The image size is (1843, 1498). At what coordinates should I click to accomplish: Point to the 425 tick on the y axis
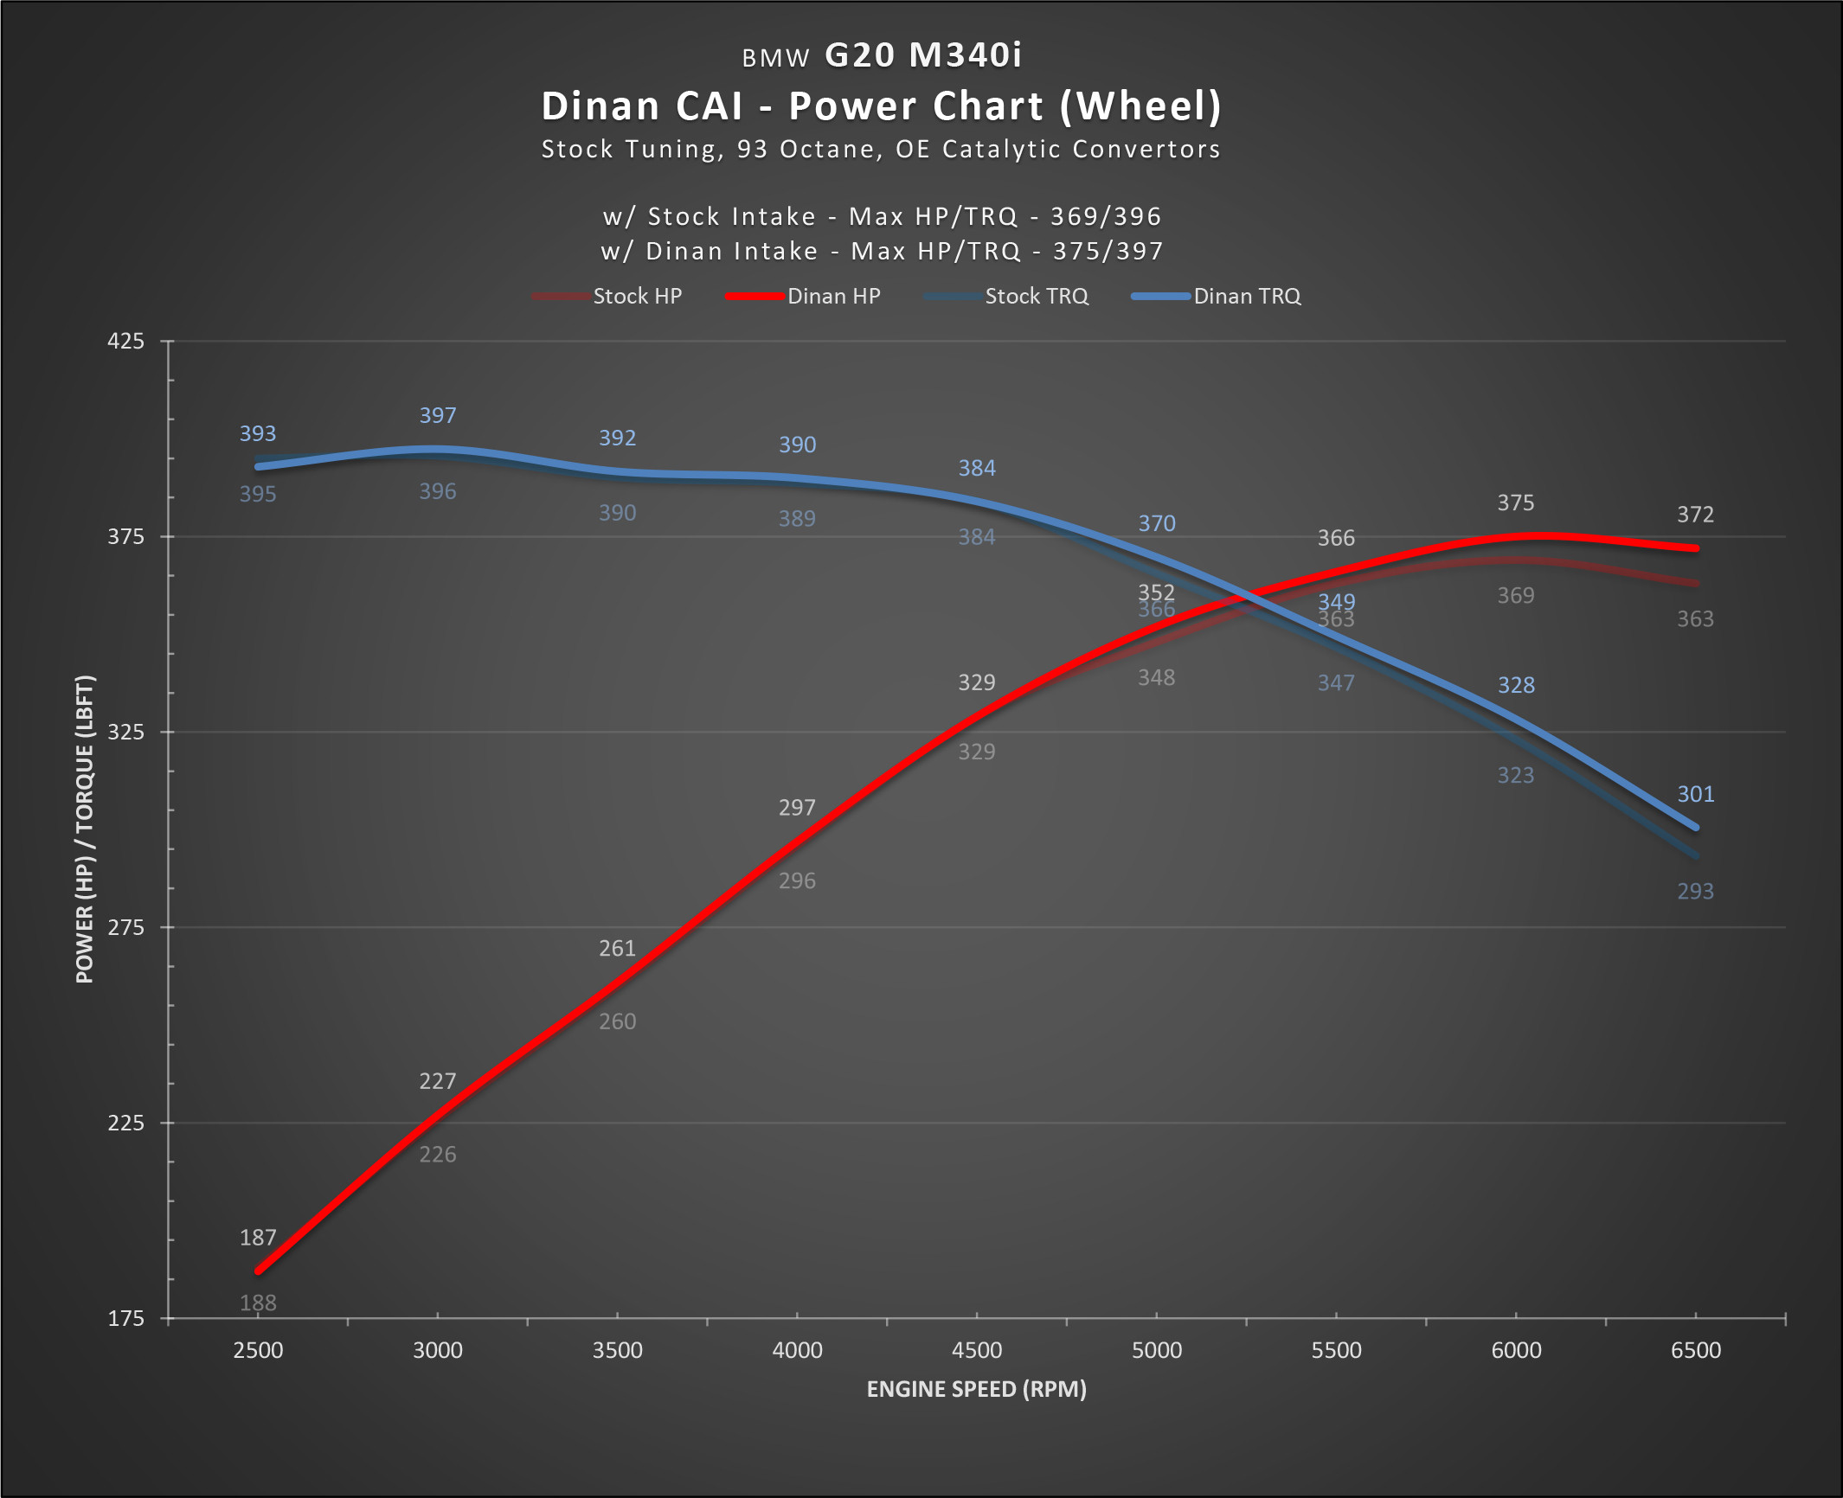(x=126, y=342)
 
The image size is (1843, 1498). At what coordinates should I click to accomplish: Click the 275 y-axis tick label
(x=126, y=928)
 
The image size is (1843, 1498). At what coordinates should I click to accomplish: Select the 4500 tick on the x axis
(x=977, y=1351)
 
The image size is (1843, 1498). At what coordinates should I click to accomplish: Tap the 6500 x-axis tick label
(x=1696, y=1351)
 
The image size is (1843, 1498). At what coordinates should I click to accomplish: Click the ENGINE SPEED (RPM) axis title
(x=976, y=1390)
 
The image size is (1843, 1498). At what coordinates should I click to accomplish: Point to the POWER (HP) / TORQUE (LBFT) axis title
(x=85, y=829)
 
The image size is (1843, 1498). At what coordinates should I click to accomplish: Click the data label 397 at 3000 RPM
(x=438, y=416)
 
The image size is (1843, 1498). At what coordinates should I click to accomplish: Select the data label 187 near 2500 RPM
(x=258, y=1239)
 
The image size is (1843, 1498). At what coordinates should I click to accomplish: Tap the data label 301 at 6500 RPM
(x=1696, y=795)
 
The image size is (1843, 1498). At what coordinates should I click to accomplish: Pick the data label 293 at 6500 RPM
(x=1696, y=892)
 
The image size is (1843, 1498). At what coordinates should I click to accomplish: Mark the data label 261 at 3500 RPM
(x=618, y=949)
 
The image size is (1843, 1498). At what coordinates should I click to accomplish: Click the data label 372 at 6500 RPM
(x=1696, y=515)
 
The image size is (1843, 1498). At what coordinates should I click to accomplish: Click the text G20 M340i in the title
(x=923, y=55)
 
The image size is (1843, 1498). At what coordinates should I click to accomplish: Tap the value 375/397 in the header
(x=1108, y=252)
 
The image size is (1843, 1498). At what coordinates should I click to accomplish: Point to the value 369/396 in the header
(x=1106, y=217)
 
